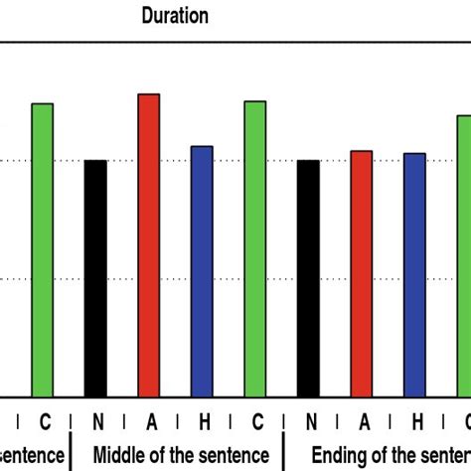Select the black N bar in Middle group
tap(95, 279)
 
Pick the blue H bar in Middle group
tap(202, 272)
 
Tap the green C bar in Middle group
tap(255, 249)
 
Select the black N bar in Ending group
tap(309, 279)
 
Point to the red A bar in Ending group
tap(362, 274)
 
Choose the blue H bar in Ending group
tap(415, 275)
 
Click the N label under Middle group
tap(96, 422)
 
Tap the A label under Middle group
tap(150, 422)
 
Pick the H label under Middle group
tap(203, 422)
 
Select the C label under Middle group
tap(256, 422)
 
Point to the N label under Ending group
tap(310, 422)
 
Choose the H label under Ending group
tap(416, 422)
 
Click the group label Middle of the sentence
tap(178, 454)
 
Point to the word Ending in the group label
tap(339, 455)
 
